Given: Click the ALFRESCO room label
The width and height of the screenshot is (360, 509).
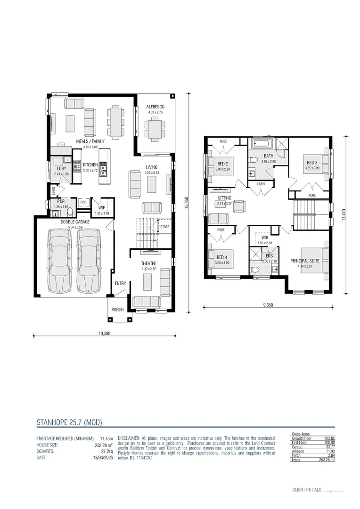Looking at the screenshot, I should pyautogui.click(x=155, y=107).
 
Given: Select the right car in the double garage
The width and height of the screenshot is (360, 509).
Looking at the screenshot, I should pyautogui.click(x=88, y=260).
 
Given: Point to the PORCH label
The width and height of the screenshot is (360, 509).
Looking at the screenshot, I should pyautogui.click(x=117, y=310).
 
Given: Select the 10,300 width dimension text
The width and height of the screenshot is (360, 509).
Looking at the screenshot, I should pyautogui.click(x=104, y=333).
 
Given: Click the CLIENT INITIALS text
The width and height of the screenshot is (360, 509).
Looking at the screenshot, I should pyautogui.click(x=306, y=490).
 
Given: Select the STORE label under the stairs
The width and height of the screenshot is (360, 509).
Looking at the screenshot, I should pyautogui.click(x=164, y=227).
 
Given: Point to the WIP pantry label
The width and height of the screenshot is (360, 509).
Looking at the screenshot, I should pyautogui.click(x=102, y=207).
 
